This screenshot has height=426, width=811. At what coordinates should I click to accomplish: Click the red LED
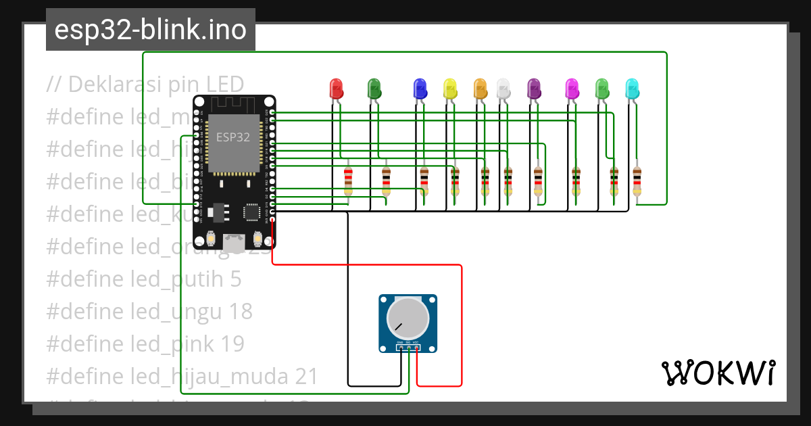tap(336, 89)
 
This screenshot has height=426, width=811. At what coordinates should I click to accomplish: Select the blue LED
tap(420, 89)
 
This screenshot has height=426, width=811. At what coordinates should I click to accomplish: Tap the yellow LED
tap(450, 89)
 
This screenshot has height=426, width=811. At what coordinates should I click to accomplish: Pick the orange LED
tap(480, 89)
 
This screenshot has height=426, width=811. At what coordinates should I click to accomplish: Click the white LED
tap(503, 89)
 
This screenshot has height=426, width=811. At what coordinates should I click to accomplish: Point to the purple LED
tap(534, 89)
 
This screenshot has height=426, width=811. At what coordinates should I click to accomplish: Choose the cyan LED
tap(632, 89)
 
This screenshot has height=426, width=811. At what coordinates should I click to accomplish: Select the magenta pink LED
tap(572, 89)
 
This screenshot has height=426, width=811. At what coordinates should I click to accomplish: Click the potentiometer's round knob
tap(408, 320)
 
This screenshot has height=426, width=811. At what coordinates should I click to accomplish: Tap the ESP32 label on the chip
tap(232, 137)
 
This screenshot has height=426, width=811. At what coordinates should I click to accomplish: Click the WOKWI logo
tap(718, 373)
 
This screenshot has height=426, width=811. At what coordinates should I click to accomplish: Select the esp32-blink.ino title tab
tap(150, 30)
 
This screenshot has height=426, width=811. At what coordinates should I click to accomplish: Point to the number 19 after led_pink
tap(232, 344)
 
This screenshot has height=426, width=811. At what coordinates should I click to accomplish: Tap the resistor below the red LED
tap(348, 181)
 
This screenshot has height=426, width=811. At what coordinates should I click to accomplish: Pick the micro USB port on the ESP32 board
tap(234, 244)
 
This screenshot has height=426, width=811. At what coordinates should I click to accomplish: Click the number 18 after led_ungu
tap(240, 311)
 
